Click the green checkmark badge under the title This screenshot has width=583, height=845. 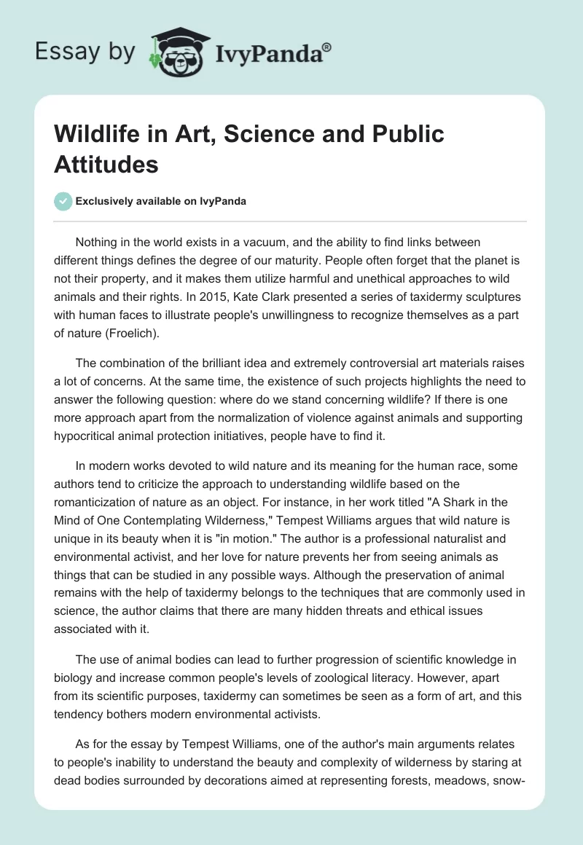pyautogui.click(x=63, y=201)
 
